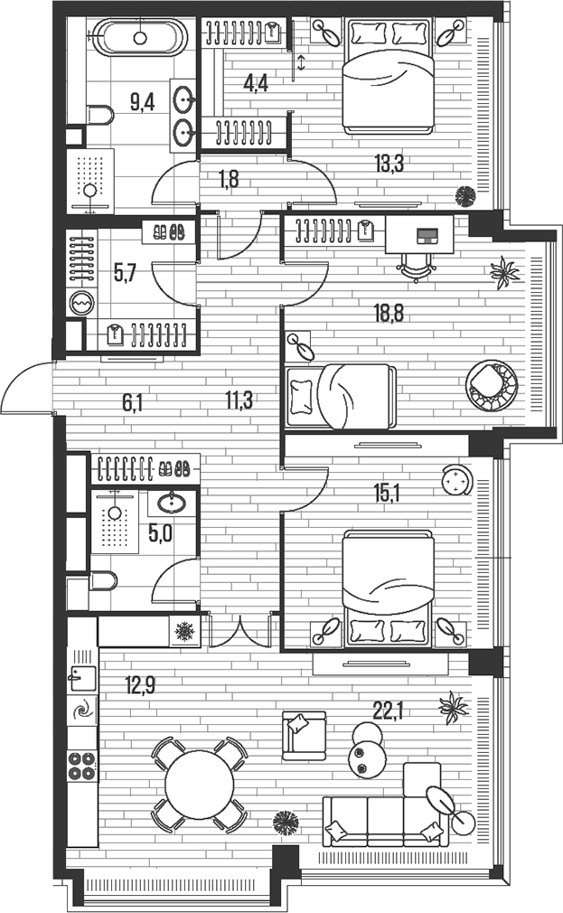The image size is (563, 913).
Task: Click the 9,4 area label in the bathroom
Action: (142, 102)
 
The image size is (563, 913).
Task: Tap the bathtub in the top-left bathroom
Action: (140, 37)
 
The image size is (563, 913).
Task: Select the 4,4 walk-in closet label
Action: (256, 84)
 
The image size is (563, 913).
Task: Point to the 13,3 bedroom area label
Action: (389, 164)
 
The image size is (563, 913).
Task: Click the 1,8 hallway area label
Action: (229, 179)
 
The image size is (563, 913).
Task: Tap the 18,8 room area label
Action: (389, 314)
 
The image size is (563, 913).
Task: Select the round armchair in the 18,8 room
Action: (492, 385)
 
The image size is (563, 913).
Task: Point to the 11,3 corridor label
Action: (239, 400)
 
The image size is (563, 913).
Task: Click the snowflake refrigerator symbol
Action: (184, 631)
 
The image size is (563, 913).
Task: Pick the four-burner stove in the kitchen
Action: (82, 765)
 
